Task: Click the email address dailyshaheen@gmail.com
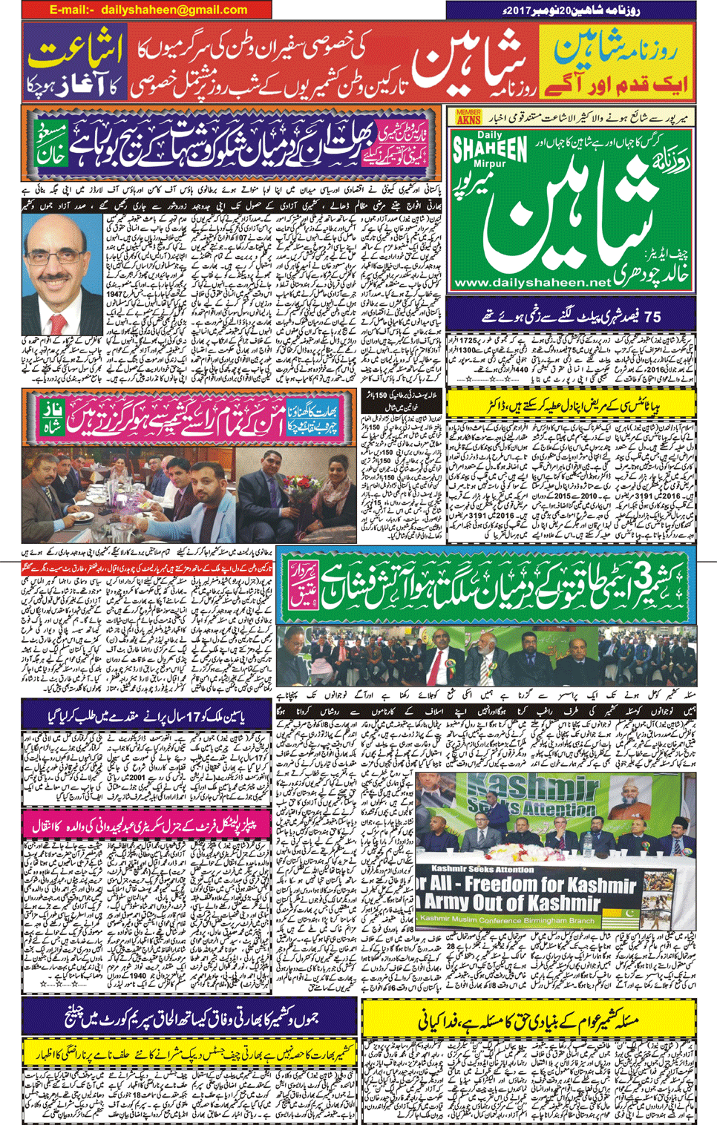(174, 10)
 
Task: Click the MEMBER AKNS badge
(468, 117)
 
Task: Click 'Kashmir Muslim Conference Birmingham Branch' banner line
(512, 919)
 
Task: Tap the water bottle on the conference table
(585, 840)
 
